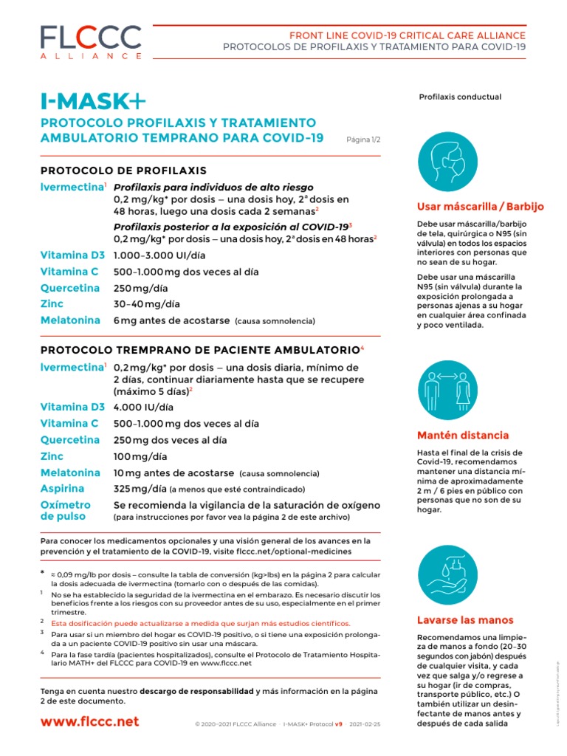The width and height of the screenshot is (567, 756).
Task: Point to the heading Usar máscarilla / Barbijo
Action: (480, 206)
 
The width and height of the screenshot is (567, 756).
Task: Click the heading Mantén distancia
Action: (463, 435)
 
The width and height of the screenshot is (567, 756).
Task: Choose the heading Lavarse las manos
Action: (465, 619)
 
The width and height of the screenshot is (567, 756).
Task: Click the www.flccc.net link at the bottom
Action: (89, 721)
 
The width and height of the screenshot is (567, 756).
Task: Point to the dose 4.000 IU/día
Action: (143, 407)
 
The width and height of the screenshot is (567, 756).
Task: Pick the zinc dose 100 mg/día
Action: (140, 457)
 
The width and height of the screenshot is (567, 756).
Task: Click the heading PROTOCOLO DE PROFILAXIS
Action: (123, 171)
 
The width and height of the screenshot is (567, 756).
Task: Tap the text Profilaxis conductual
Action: (460, 97)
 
